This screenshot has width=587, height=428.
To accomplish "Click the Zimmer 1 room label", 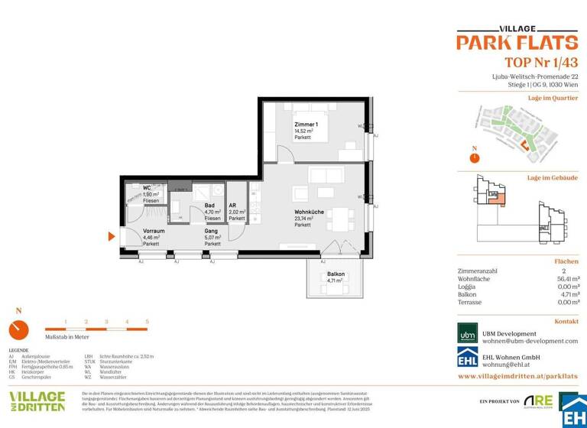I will pos(306,124).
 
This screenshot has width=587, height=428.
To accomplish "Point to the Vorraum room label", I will pos(154,231).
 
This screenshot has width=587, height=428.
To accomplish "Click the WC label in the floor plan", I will pos(148,188).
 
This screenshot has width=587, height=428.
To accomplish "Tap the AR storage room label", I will pos(233,205).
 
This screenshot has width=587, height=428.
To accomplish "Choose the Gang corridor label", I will pos(211,231).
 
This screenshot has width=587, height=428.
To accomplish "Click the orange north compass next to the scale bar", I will pos(18,329).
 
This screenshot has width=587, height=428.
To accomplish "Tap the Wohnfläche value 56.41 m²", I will pos(566,279).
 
